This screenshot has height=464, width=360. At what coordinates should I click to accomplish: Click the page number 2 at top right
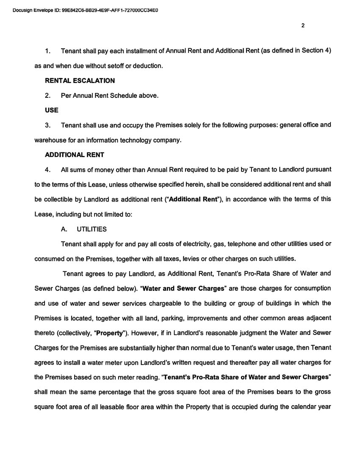(x=303, y=25)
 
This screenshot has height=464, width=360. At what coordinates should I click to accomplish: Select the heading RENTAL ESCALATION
(x=80, y=80)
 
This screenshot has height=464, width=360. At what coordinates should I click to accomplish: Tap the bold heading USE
(x=52, y=110)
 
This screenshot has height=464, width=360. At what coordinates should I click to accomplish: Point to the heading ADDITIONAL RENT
(x=75, y=155)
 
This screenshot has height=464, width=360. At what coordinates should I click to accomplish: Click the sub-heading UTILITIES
(x=91, y=229)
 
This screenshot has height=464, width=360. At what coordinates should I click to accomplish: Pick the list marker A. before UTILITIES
(x=64, y=229)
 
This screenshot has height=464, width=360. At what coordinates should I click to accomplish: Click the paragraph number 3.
(x=48, y=125)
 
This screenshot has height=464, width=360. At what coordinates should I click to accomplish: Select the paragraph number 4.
(x=48, y=170)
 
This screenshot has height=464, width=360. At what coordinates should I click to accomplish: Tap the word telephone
(x=238, y=244)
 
